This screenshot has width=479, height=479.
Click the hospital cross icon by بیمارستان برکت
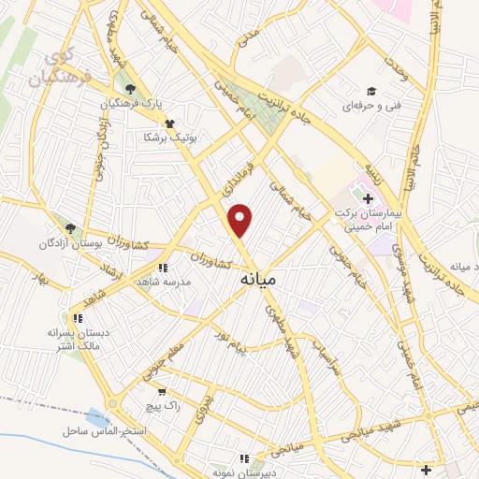click(367, 198)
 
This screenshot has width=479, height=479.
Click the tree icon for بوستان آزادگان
click(69, 228)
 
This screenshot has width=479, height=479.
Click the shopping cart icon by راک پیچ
click(163, 392)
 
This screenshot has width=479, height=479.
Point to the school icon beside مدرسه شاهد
click(163, 267)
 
